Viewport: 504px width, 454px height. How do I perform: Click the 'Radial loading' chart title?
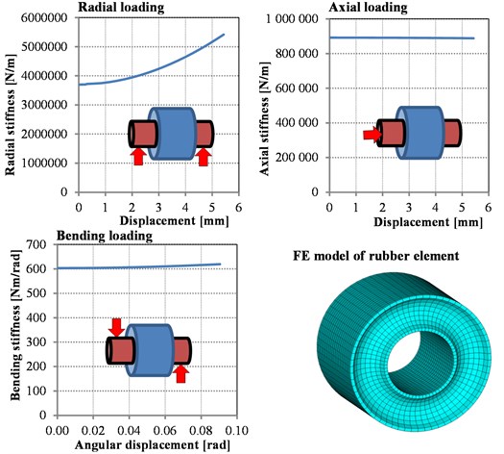tap(121, 7)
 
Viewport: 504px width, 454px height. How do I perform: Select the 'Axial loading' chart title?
tap(368, 7)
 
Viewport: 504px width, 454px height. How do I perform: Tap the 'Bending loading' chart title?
tap(105, 236)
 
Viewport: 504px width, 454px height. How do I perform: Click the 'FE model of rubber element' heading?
tap(375, 256)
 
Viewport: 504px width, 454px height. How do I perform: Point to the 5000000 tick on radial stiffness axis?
tap(45, 47)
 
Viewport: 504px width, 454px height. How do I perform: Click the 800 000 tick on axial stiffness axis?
tap(297, 53)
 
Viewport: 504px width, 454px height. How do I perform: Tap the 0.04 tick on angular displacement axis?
tap(129, 431)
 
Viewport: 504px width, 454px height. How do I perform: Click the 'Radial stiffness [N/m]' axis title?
tap(11, 114)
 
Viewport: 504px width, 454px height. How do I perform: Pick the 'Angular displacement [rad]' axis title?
tap(153, 445)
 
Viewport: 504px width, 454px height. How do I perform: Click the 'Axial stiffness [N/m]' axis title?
tap(264, 118)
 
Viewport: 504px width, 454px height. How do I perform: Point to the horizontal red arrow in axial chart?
tap(372, 135)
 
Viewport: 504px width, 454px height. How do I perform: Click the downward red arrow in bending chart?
tap(116, 327)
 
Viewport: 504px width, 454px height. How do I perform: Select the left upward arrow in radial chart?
tap(138, 157)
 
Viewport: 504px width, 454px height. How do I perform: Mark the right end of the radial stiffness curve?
tap(224, 34)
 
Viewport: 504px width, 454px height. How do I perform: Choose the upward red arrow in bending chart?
tap(181, 374)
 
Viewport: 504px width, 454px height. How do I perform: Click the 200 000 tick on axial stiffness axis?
tap(297, 158)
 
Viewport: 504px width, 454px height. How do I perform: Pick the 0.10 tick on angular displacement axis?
tap(237, 431)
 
